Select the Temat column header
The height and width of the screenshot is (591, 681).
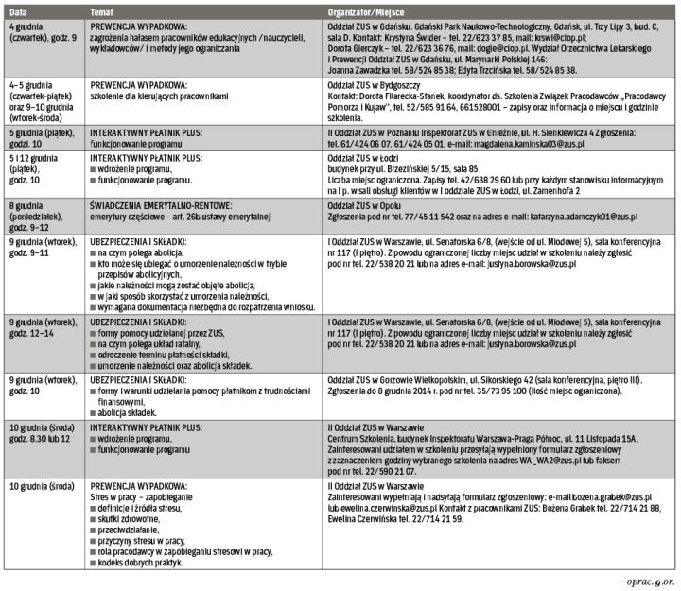point(102,8)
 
